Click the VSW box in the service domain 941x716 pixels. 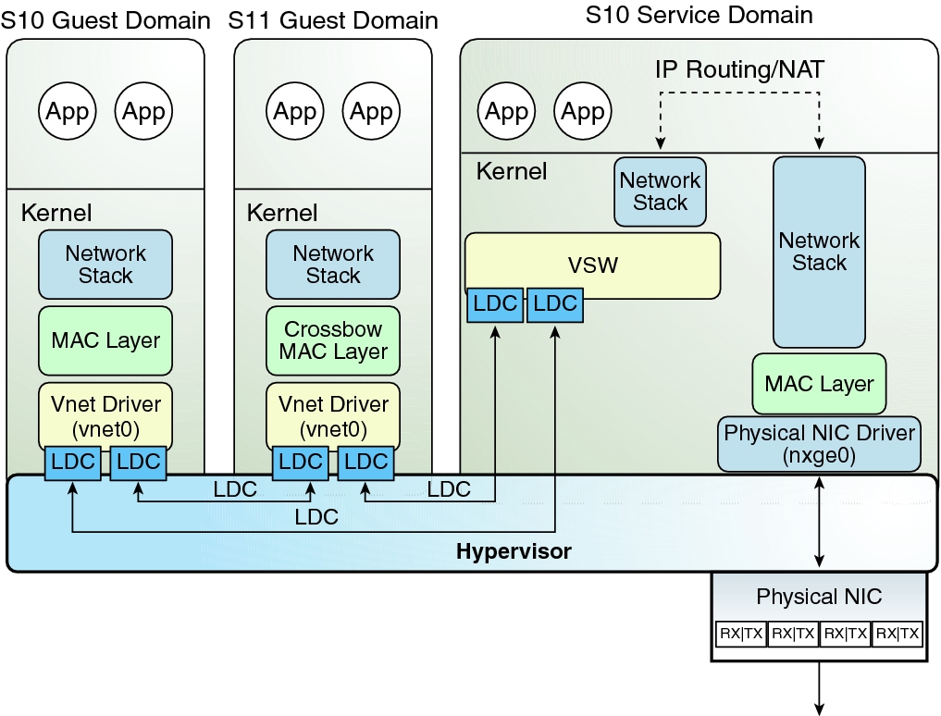pyautogui.click(x=592, y=265)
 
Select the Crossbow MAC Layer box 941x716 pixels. pyautogui.click(x=333, y=340)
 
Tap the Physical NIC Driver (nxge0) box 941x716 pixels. pyautogui.click(x=819, y=443)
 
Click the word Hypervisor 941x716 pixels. pyautogui.click(x=514, y=552)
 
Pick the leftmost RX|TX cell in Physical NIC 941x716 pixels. pyautogui.click(x=740, y=634)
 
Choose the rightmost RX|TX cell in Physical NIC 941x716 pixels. pyautogui.click(x=898, y=634)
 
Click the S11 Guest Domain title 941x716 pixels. pyautogui.click(x=333, y=19)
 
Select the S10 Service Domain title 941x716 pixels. pyautogui.click(x=699, y=15)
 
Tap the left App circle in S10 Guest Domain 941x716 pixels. pyautogui.click(x=68, y=112)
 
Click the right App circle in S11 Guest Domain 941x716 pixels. pyautogui.click(x=371, y=112)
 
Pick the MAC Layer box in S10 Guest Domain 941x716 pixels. pyautogui.click(x=105, y=340)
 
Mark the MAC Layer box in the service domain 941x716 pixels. pyautogui.click(x=819, y=383)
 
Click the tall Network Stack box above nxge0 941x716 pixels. pyautogui.click(x=819, y=252)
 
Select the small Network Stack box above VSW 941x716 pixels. pyautogui.click(x=661, y=191)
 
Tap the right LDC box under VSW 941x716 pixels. pyautogui.click(x=555, y=304)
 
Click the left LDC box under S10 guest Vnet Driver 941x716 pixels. pyautogui.click(x=73, y=463)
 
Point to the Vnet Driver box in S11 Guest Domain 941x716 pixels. pyautogui.click(x=333, y=415)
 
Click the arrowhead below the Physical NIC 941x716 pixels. pyautogui.click(x=819, y=708)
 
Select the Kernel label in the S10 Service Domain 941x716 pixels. pyautogui.click(x=511, y=171)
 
